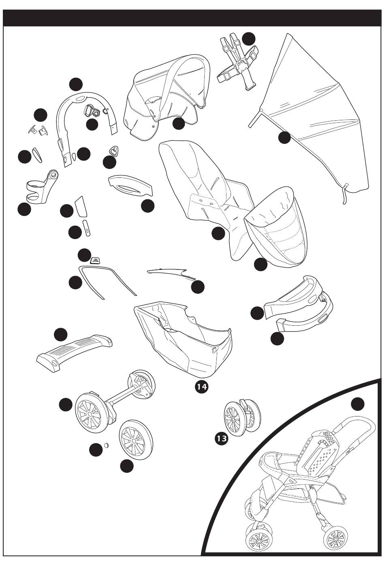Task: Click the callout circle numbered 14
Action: pyautogui.click(x=201, y=387)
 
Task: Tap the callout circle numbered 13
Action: pyautogui.click(x=222, y=438)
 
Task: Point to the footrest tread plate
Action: pyautogui.click(x=74, y=350)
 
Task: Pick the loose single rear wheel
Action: pyautogui.click(x=136, y=438)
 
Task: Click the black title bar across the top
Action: pyautogui.click(x=192, y=18)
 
